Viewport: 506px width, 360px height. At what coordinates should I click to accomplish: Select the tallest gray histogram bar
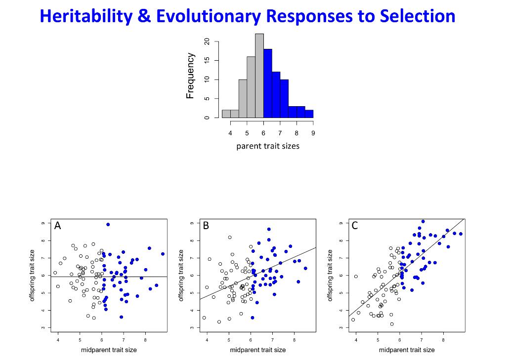259,76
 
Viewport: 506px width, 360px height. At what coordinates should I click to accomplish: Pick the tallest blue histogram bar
268,83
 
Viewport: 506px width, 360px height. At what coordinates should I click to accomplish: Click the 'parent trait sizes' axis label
268,146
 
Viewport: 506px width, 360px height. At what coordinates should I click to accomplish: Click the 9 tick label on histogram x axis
313,133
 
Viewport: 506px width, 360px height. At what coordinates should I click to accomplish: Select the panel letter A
58,226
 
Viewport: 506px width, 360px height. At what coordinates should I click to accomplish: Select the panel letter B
206,226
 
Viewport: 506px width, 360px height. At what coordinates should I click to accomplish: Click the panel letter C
355,226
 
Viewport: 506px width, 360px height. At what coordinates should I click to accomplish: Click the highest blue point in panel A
108,224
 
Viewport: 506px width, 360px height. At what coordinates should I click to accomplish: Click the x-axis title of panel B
257,350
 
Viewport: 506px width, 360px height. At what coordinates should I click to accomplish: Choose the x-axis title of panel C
407,350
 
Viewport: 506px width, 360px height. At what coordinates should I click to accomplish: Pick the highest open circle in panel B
230,237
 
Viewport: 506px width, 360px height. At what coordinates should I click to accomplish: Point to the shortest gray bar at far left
226,114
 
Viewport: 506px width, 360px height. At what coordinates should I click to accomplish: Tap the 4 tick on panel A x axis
58,340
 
